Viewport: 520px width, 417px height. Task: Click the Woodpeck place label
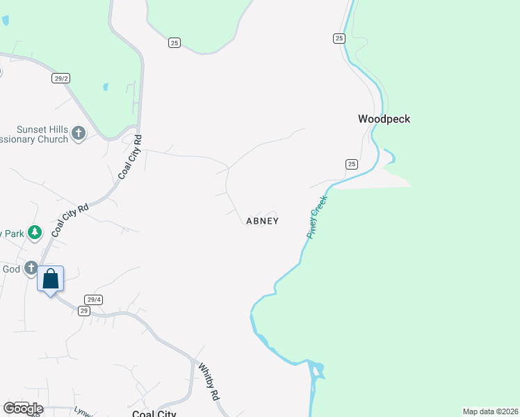(384, 119)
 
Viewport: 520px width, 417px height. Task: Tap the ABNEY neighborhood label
(262, 221)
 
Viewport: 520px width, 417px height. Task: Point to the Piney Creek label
(318, 218)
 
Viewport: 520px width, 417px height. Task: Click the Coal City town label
(154, 414)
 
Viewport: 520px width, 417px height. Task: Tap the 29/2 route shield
(60, 79)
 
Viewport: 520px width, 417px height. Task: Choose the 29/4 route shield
(94, 300)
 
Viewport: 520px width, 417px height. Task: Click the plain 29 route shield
(84, 311)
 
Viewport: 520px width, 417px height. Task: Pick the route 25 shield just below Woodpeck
(351, 164)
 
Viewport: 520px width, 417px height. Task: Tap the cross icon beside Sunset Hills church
(79, 133)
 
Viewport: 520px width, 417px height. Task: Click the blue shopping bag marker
(51, 279)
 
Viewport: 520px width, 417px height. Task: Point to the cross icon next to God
(31, 268)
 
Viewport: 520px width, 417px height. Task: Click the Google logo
(22, 409)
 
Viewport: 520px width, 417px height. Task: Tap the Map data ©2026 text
(490, 411)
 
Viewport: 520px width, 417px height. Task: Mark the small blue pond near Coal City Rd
(106, 87)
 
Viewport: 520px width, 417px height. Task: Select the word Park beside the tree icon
(13, 234)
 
